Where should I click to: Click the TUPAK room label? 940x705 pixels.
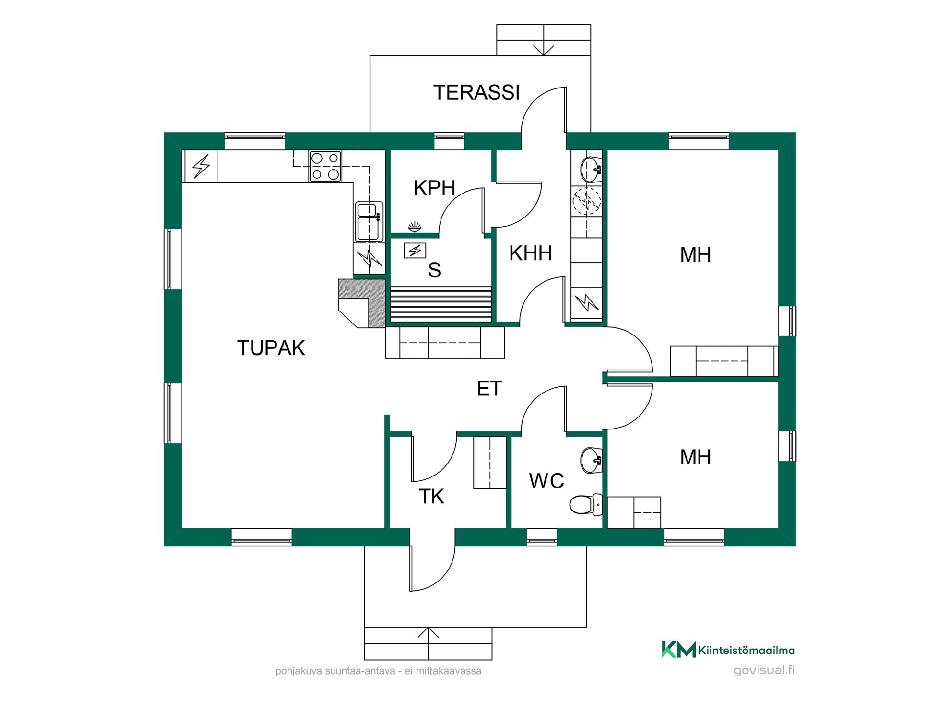(x=271, y=348)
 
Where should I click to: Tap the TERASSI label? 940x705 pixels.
(x=476, y=93)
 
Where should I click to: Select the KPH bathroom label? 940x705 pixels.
(x=434, y=188)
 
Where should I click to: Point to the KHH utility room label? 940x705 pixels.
(x=531, y=253)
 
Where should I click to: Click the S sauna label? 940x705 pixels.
(x=434, y=270)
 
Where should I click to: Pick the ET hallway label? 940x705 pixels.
(x=489, y=389)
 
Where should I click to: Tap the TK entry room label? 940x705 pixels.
(x=431, y=496)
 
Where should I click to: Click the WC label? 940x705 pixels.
(x=546, y=481)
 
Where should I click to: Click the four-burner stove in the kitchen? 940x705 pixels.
(x=325, y=166)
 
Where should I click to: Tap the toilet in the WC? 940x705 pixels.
(x=586, y=504)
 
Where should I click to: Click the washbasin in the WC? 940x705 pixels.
(x=591, y=460)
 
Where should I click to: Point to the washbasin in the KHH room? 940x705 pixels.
(x=591, y=169)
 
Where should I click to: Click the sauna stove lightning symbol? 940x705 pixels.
(x=415, y=251)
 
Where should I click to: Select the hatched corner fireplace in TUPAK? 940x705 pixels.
(x=361, y=303)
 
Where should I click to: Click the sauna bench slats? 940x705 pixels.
(x=441, y=305)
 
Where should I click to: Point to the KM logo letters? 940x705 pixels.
(x=679, y=649)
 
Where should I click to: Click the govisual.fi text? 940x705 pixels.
(x=764, y=671)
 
